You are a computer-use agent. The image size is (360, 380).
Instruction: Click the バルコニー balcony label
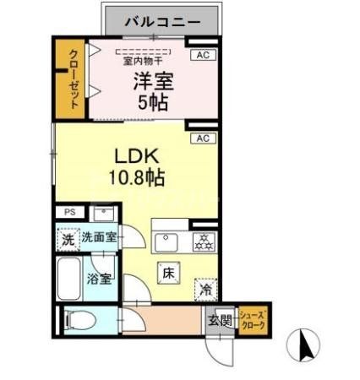pyautogui.click(x=162, y=21)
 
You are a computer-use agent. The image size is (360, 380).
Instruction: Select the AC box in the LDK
pyautogui.click(x=202, y=138)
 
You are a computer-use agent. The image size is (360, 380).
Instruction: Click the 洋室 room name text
pyautogui.click(x=152, y=82)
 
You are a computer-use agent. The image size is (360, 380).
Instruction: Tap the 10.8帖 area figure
pyautogui.click(x=135, y=179)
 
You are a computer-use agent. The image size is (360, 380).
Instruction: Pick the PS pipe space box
pyautogui.click(x=69, y=213)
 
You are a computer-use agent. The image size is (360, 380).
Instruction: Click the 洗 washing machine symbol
pyautogui.click(x=68, y=239)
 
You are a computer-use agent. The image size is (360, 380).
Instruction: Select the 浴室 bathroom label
pyautogui.click(x=99, y=280)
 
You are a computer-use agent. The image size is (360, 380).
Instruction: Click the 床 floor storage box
pyautogui.click(x=167, y=273)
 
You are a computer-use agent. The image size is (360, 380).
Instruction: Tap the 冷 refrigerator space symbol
pyautogui.click(x=205, y=289)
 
